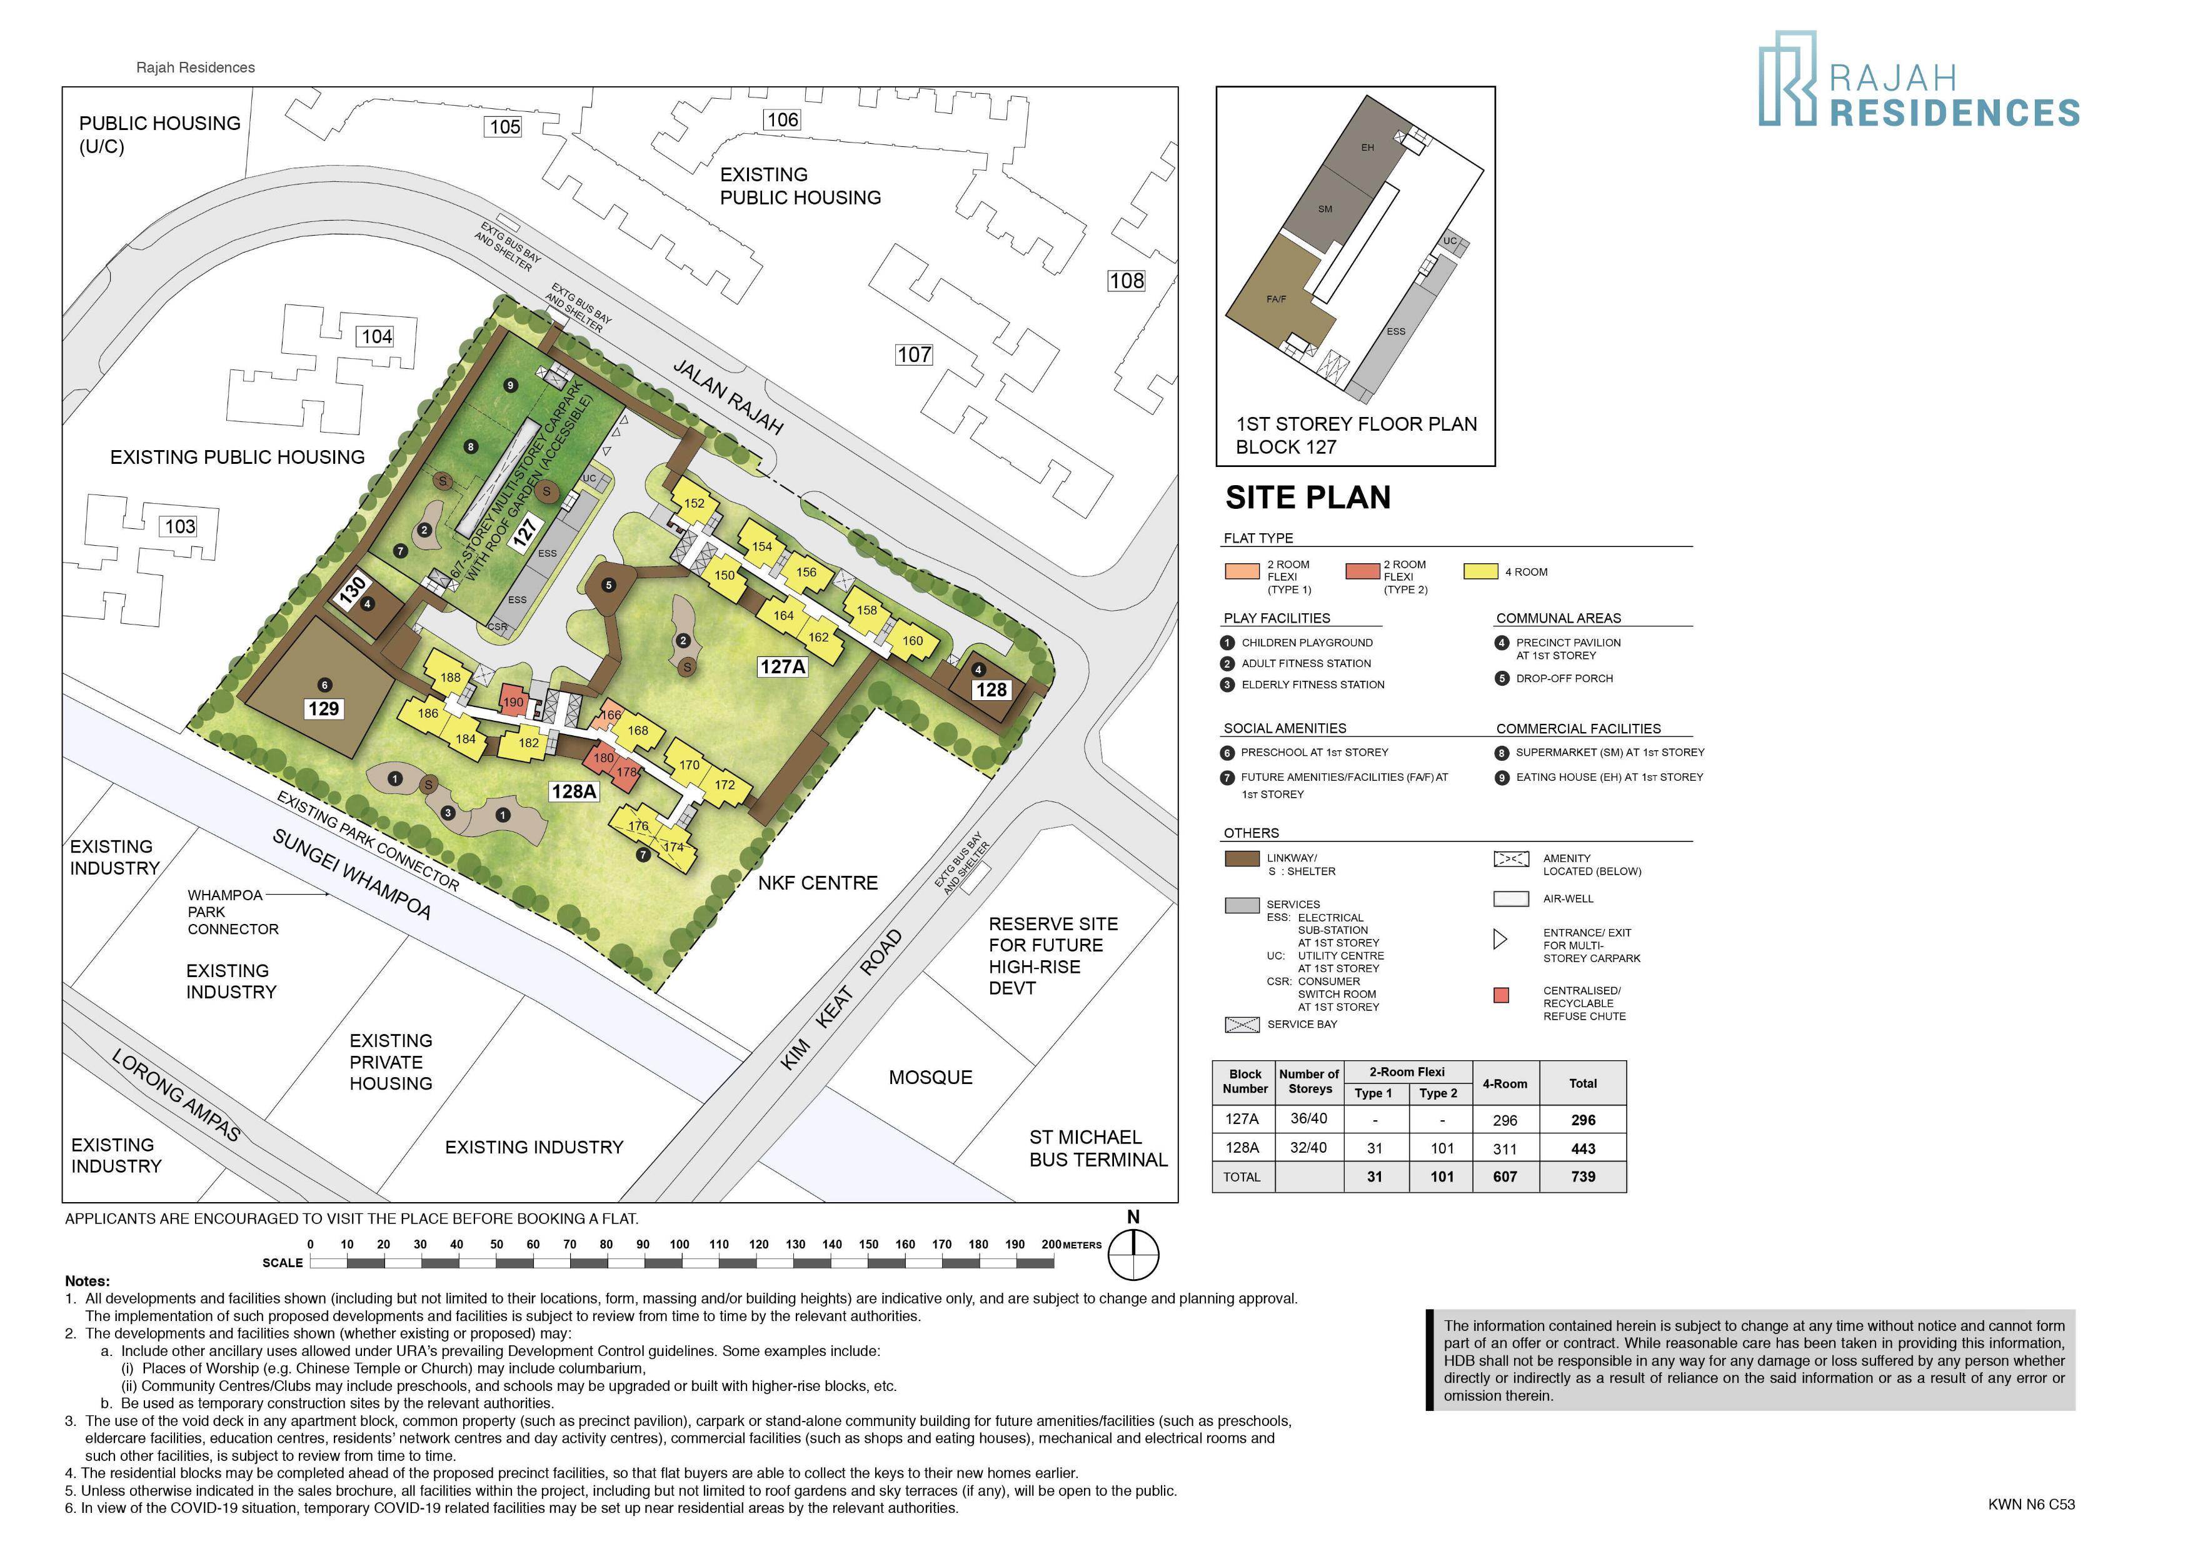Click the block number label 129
click(324, 709)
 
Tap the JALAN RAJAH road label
click(728, 396)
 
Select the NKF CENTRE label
click(818, 883)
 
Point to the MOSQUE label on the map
click(930, 1077)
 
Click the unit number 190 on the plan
click(513, 702)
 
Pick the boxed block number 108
click(1126, 281)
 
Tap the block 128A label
click(573, 791)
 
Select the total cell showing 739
click(1583, 1177)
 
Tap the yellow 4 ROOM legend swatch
click(1480, 572)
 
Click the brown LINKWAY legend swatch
click(1242, 858)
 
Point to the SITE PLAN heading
click(1308, 498)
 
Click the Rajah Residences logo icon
click(1786, 78)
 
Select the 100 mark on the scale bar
click(679, 1245)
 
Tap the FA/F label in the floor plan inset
click(1276, 299)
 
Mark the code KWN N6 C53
click(2030, 1504)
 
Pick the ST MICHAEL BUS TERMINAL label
click(1098, 1148)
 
